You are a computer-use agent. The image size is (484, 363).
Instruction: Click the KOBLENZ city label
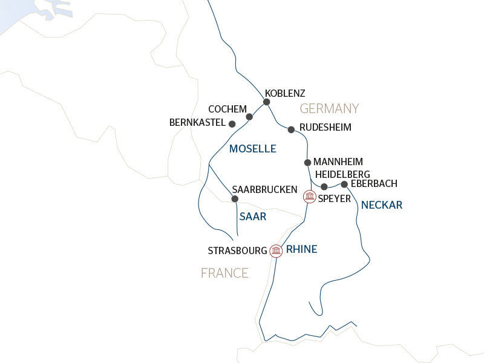point(285,93)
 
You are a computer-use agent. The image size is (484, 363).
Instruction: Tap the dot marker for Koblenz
point(266,102)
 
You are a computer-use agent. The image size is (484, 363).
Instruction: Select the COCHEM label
point(227,109)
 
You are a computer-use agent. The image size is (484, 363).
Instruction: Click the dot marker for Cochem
point(249,116)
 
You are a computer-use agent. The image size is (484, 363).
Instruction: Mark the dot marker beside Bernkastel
point(232,123)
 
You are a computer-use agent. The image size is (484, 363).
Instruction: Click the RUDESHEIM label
point(325,128)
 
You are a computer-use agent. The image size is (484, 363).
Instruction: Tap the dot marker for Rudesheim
point(291,129)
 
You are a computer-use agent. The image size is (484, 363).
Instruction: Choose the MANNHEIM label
point(338,162)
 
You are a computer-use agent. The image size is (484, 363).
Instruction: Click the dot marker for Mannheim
point(307,162)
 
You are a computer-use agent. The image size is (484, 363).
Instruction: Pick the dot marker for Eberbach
point(344,184)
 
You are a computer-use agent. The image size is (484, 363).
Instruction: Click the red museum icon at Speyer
point(310,196)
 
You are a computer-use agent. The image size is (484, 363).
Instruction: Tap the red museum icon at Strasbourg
point(276,250)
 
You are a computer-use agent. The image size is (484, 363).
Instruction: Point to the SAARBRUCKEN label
point(264,189)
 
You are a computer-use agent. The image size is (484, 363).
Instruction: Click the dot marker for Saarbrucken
point(235,198)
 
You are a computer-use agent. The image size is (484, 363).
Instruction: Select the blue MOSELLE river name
point(252,149)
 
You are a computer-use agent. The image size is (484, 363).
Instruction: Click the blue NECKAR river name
point(381,206)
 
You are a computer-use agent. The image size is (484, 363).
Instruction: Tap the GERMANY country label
point(329,109)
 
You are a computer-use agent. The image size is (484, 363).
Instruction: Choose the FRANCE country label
point(224,273)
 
